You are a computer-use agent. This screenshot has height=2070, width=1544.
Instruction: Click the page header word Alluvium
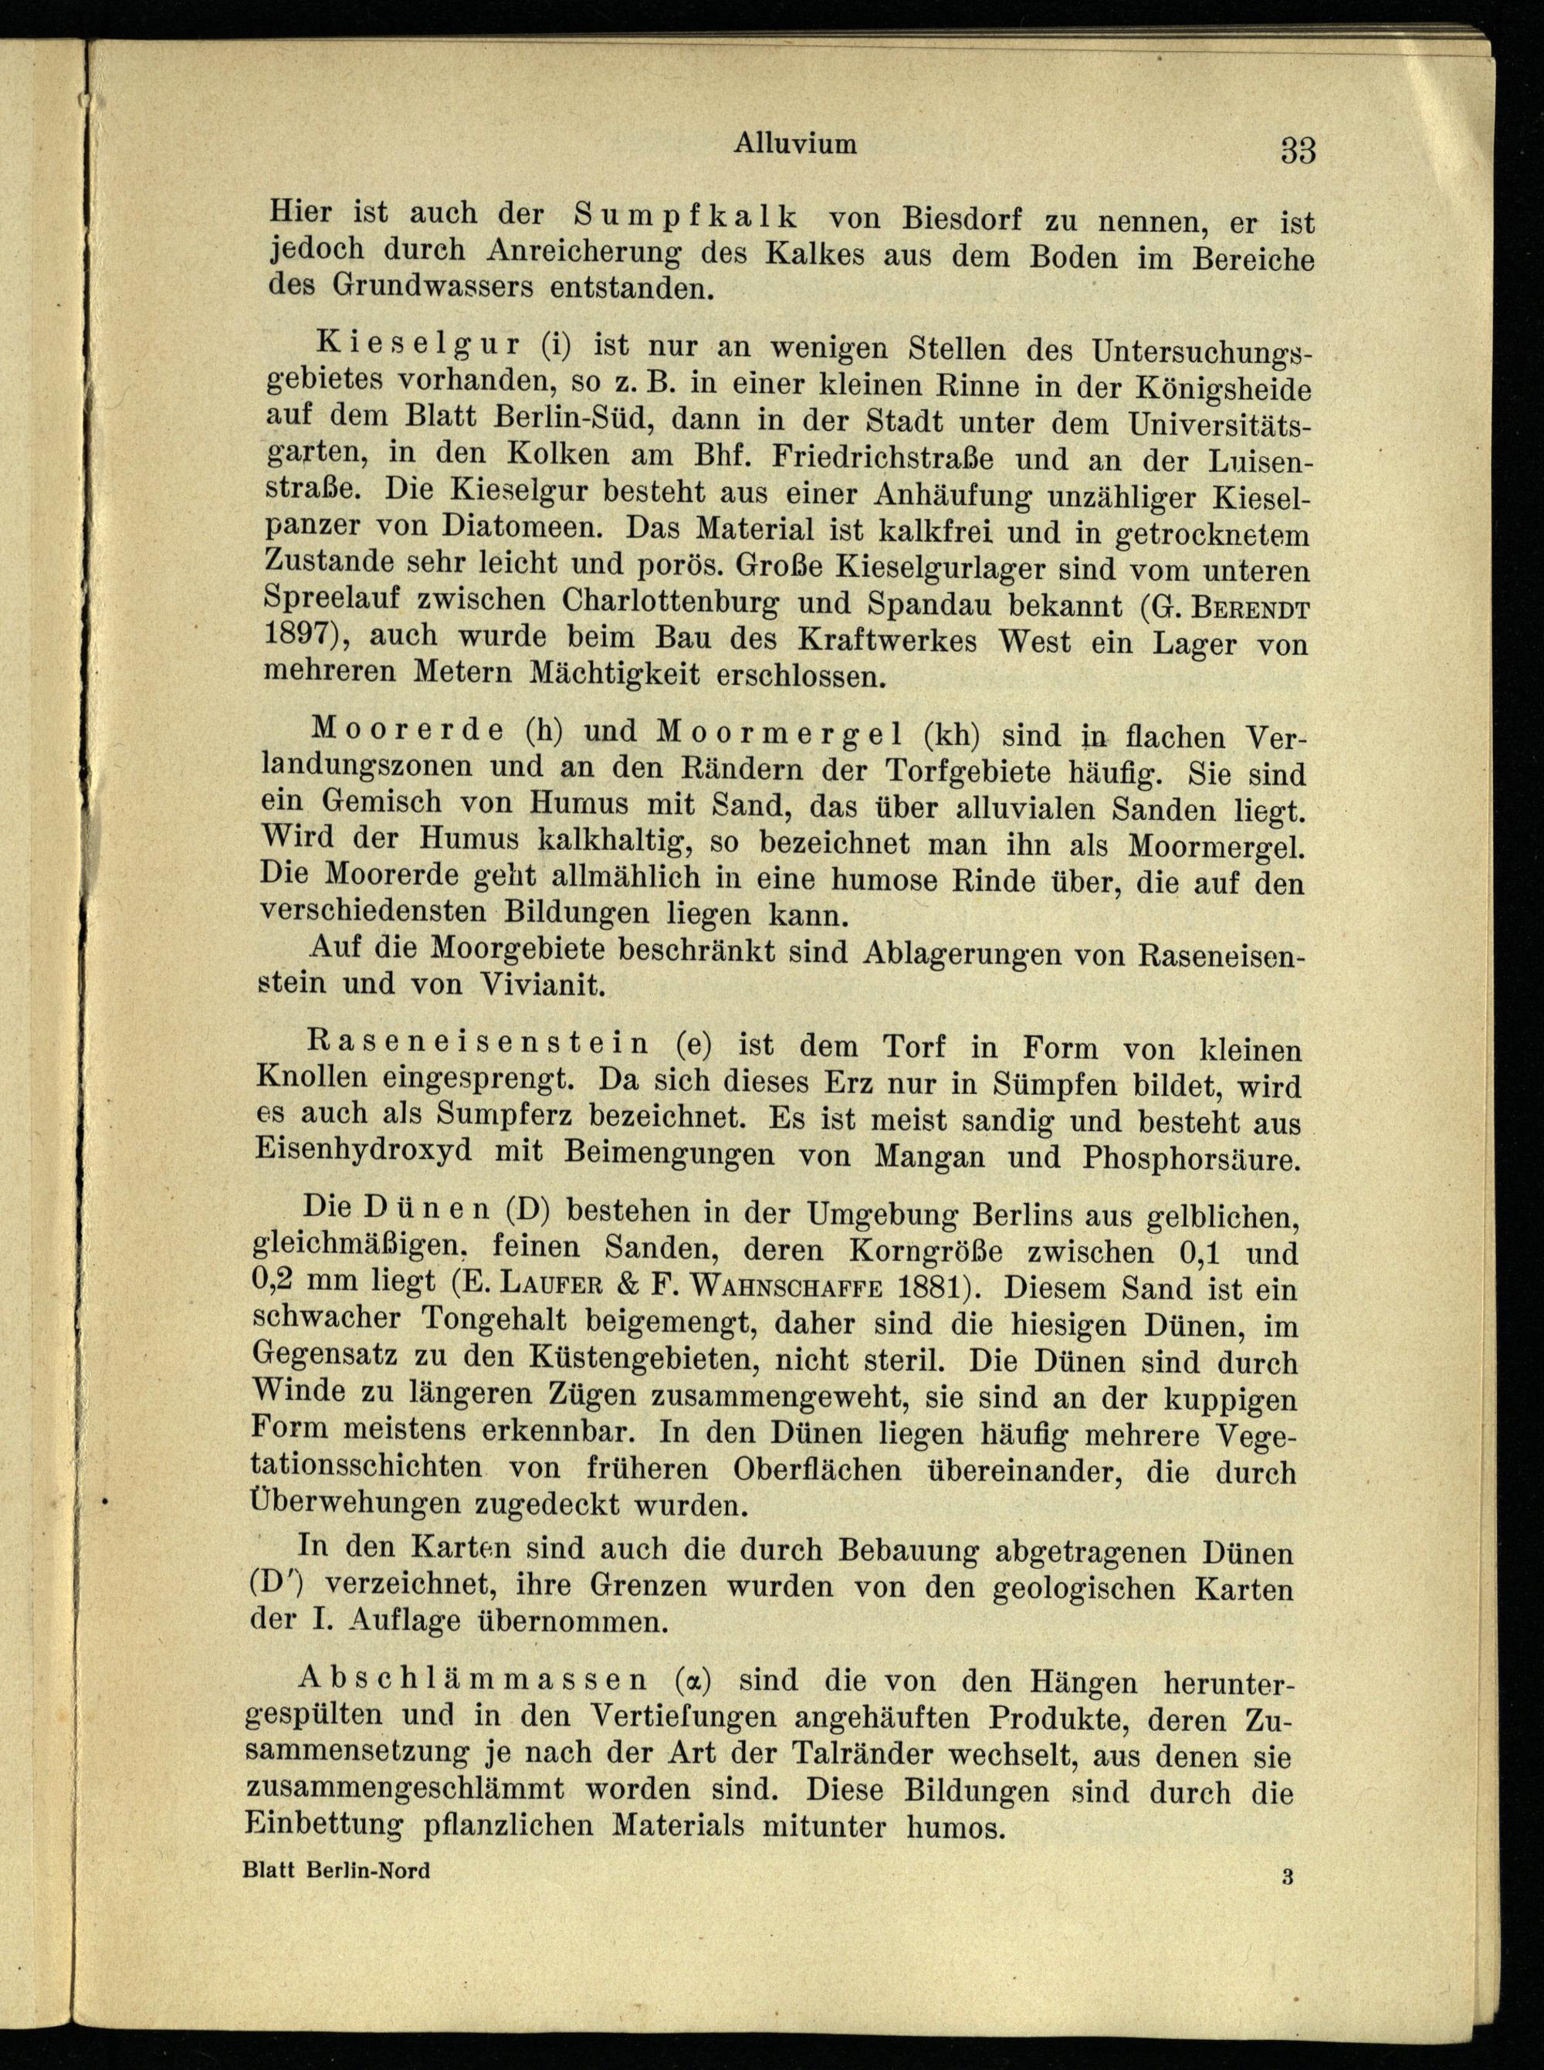pyautogui.click(x=794, y=143)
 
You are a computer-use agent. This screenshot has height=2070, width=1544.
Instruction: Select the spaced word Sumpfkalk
pyautogui.click(x=686, y=216)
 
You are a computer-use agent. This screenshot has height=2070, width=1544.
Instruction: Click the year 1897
pyautogui.click(x=301, y=635)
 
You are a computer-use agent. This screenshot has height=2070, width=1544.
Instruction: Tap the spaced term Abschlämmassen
pyautogui.click(x=471, y=1705)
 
